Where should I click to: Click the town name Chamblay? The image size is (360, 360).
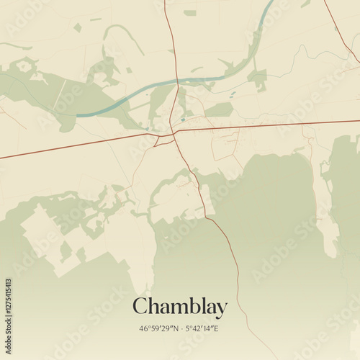179,307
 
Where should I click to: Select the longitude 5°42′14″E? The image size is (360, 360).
204,328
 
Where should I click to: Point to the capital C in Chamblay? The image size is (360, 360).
140,306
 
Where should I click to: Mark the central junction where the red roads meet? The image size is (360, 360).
174,132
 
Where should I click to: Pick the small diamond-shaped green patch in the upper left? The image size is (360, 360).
77,27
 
